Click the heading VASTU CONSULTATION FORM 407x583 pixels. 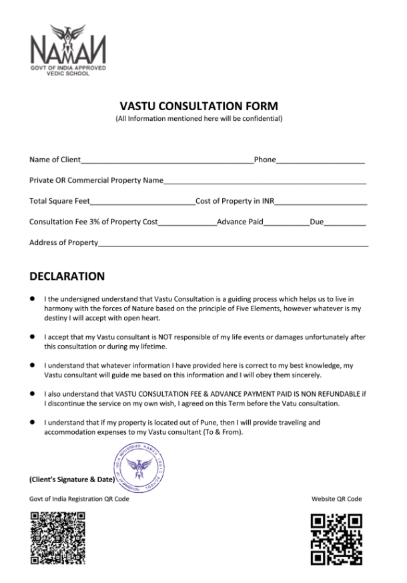(199, 106)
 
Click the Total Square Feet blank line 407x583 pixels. (142, 202)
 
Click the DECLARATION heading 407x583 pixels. (67, 276)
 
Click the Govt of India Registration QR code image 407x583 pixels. (58, 537)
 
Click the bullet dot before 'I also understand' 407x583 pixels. (33, 394)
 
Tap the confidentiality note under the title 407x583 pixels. (199, 119)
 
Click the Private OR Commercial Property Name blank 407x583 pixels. (265, 182)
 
